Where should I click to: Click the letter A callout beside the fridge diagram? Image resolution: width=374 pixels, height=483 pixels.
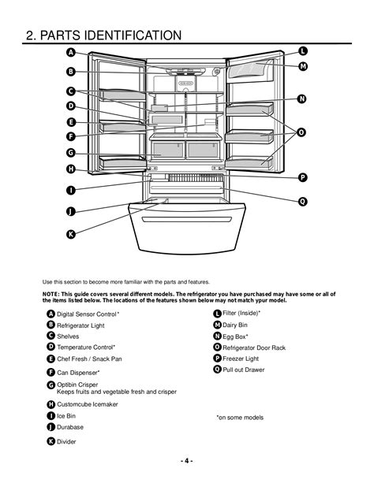pos(71,52)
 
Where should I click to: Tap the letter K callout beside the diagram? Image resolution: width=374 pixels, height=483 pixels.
pos(71,234)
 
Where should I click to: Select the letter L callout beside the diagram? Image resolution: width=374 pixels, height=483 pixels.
pos(303,51)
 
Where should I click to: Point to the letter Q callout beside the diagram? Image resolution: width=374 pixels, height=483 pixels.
pos(303,202)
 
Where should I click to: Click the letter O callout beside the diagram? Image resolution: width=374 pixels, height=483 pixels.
pos(301,132)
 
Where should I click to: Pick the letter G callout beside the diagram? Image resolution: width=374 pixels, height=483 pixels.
pos(71,153)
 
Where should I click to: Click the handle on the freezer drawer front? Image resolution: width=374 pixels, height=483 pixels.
pos(187,219)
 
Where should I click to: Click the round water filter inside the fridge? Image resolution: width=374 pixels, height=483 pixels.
pos(217,72)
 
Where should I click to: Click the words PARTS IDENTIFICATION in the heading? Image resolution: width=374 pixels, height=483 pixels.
pos(110,35)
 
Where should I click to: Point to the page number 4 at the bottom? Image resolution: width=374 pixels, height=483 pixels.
pos(187,461)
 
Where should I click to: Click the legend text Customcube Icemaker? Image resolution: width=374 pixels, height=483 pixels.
pos(88,404)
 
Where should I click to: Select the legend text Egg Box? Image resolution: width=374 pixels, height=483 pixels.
pos(235,336)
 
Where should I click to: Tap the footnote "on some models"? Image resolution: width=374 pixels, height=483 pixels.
pos(240,418)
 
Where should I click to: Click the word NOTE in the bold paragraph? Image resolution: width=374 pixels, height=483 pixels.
pos(50,294)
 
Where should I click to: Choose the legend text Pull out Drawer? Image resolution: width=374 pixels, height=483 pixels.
pos(244,370)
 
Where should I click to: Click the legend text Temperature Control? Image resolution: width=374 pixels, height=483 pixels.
pos(86,347)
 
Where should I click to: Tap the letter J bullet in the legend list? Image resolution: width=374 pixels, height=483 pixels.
pos(51,427)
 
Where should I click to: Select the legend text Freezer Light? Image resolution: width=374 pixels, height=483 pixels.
pos(241,359)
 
